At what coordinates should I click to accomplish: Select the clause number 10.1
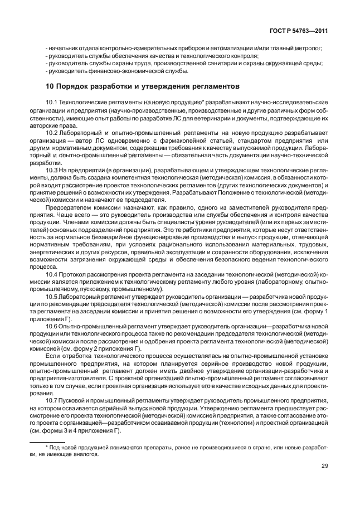coord(52,103)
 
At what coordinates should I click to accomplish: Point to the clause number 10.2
coord(52,133)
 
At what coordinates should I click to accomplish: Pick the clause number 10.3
coord(52,169)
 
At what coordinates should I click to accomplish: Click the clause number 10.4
coord(52,275)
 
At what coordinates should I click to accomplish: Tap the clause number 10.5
coord(52,297)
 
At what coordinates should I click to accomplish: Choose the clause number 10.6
coord(52,325)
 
